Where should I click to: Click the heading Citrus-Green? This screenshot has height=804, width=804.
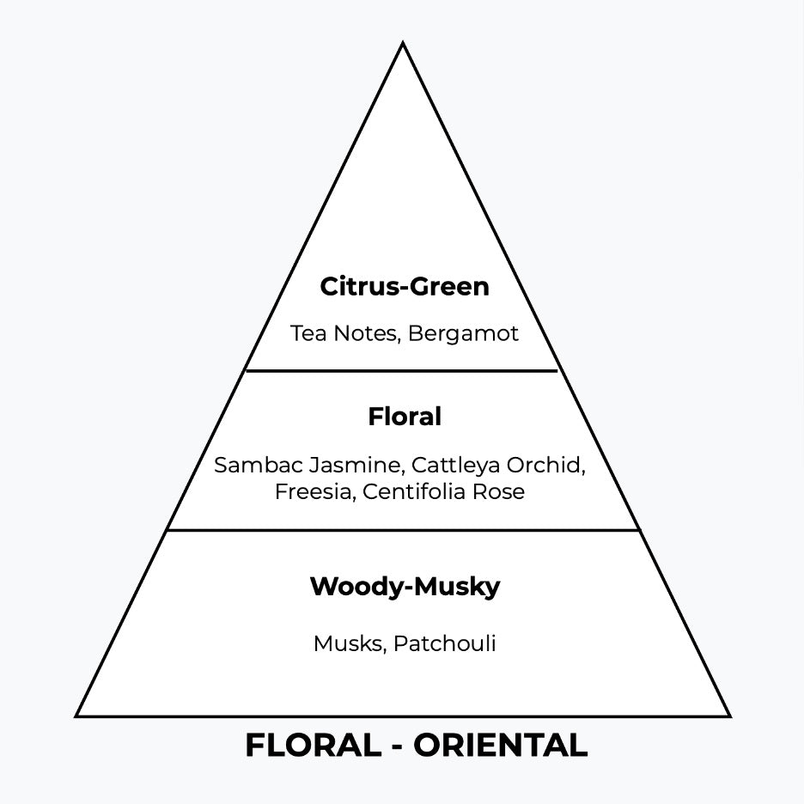(404, 287)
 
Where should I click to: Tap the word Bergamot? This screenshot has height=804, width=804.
(463, 333)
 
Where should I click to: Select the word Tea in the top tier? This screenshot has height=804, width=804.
(306, 333)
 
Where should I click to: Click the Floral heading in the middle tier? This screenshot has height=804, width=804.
(404, 417)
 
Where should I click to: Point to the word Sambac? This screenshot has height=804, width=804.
(250, 466)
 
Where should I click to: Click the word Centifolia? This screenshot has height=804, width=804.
(416, 492)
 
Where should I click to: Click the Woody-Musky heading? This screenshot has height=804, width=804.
(404, 588)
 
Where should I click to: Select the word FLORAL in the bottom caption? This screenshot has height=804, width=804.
(312, 746)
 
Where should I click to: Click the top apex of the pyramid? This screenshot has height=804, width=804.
(402, 44)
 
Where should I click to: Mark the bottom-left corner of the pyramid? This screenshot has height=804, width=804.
(77, 716)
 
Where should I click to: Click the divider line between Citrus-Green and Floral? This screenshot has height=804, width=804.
(402, 371)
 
